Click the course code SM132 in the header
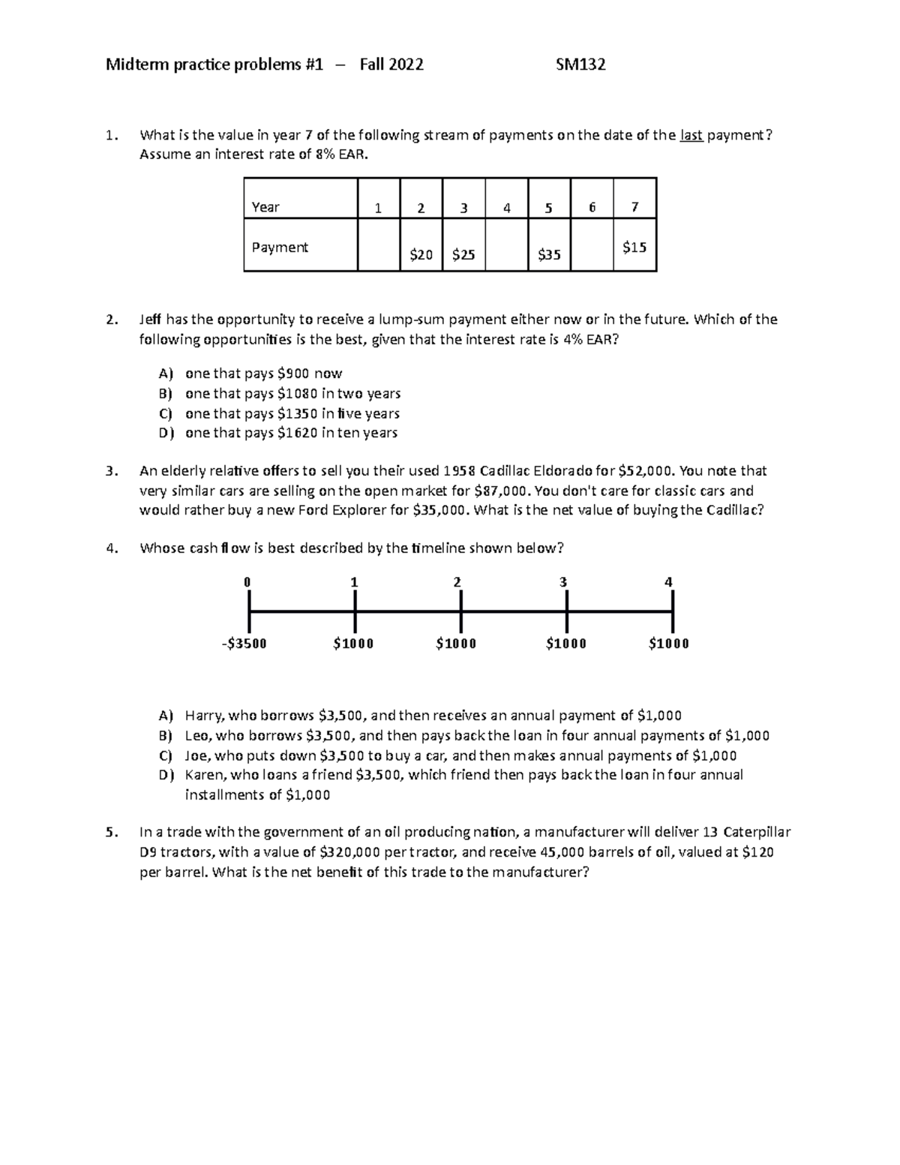(580, 65)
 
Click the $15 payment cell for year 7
(634, 247)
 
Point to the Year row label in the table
(265, 207)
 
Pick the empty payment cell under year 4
(506, 245)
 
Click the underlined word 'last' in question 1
(691, 135)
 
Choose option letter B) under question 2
(166, 394)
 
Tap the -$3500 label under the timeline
(244, 644)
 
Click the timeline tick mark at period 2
(460, 611)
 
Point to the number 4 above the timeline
(668, 582)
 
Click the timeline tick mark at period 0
(249, 611)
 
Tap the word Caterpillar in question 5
(757, 832)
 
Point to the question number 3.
(111, 471)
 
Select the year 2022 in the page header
(406, 65)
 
